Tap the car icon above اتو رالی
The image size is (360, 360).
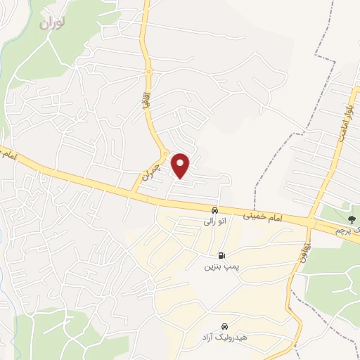214,210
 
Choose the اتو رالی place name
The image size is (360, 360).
214,221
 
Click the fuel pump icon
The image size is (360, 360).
222,256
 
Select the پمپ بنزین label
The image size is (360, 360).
217,267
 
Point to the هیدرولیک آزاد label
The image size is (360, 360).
224,339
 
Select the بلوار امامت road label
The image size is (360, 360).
345,120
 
